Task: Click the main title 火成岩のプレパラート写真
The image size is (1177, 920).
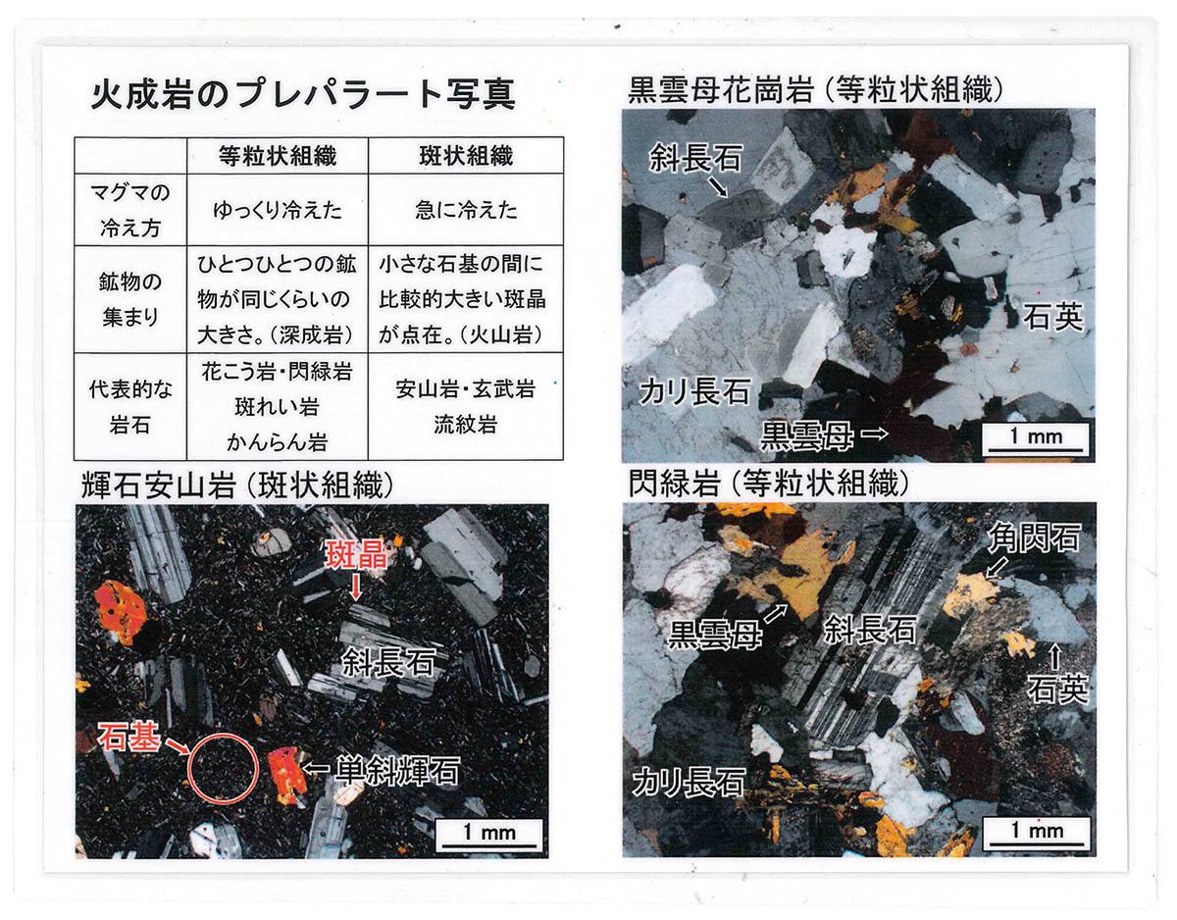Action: click(x=303, y=95)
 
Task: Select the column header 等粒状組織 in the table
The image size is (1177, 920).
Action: click(x=278, y=156)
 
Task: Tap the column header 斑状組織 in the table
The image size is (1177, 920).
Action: click(x=466, y=156)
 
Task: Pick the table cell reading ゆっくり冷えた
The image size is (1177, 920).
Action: click(x=278, y=210)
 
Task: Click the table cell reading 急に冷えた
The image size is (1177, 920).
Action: click(x=466, y=210)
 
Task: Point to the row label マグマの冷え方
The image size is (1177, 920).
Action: click(x=130, y=210)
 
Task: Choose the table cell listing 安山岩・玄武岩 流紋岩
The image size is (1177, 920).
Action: click(x=466, y=407)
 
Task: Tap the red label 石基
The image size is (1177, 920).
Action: click(x=128, y=737)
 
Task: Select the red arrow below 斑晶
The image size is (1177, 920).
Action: click(x=355, y=587)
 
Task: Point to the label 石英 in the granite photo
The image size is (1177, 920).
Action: click(x=1052, y=317)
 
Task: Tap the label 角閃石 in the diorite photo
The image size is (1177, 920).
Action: click(x=1034, y=537)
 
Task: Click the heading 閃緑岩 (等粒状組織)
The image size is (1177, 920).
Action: click(x=768, y=484)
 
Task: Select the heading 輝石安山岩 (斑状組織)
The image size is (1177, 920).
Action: click(x=236, y=486)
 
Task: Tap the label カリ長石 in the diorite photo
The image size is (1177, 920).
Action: click(x=689, y=783)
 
